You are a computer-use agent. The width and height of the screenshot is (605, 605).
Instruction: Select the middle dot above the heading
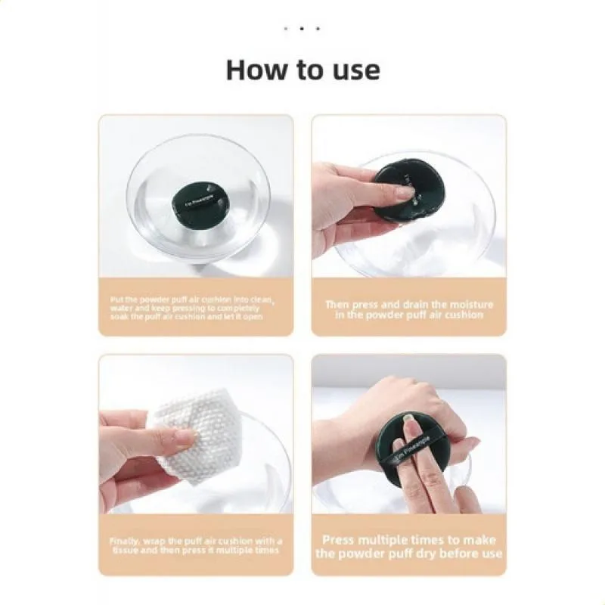302,29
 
